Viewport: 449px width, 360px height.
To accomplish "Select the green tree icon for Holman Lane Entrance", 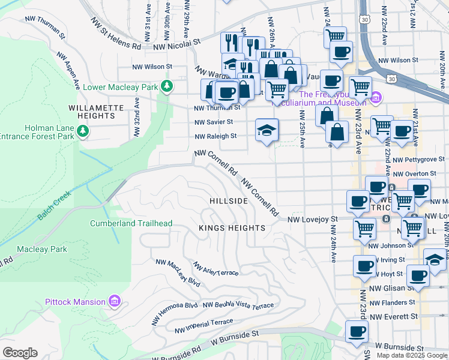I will pos(83,131).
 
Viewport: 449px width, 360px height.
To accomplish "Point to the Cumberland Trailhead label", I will pos(131,223).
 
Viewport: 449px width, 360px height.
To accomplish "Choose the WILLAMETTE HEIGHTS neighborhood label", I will pos(96,112).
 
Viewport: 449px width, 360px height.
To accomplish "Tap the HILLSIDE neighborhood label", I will pos(229,200).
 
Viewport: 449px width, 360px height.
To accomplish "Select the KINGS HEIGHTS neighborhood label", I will pos(232,228).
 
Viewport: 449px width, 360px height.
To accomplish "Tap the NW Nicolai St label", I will pos(176,45).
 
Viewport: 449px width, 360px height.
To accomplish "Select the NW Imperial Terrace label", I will pos(203,327).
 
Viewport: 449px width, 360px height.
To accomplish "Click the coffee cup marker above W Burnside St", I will pos(357,331).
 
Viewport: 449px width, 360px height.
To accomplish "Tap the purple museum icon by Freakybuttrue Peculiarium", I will pos(376,96).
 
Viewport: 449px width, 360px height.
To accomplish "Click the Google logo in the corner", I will pos(20,353).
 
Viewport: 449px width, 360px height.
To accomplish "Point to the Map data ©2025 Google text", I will pos(411,355).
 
